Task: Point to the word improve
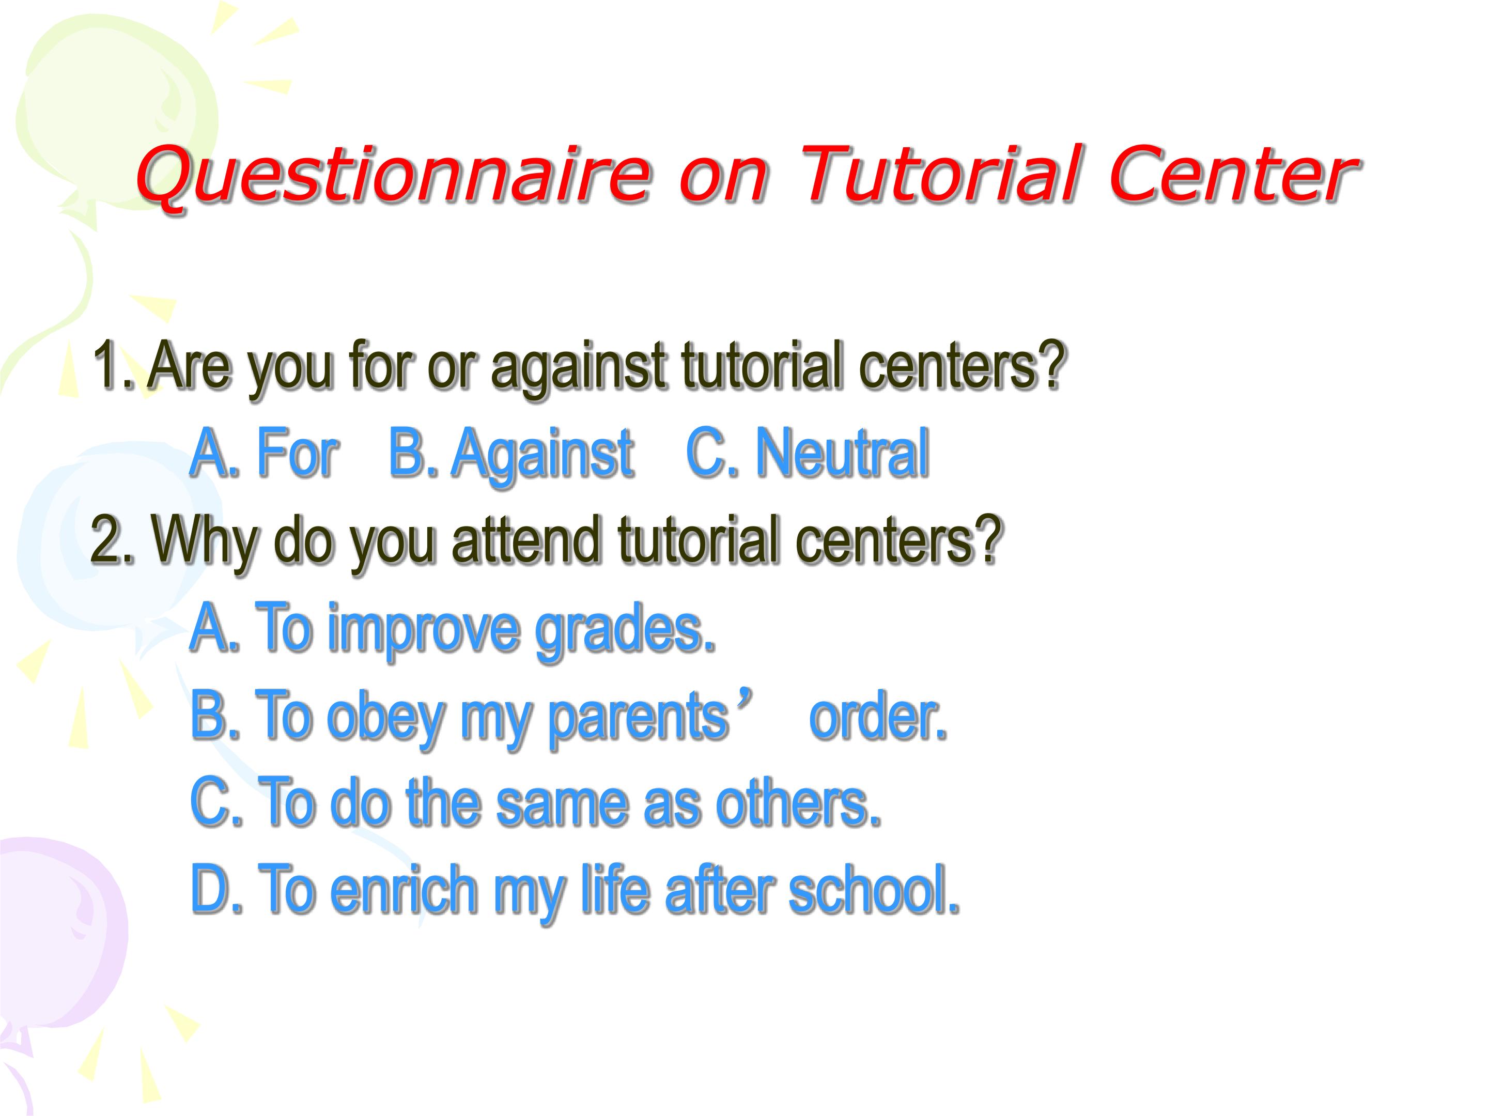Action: pyautogui.click(x=424, y=631)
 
